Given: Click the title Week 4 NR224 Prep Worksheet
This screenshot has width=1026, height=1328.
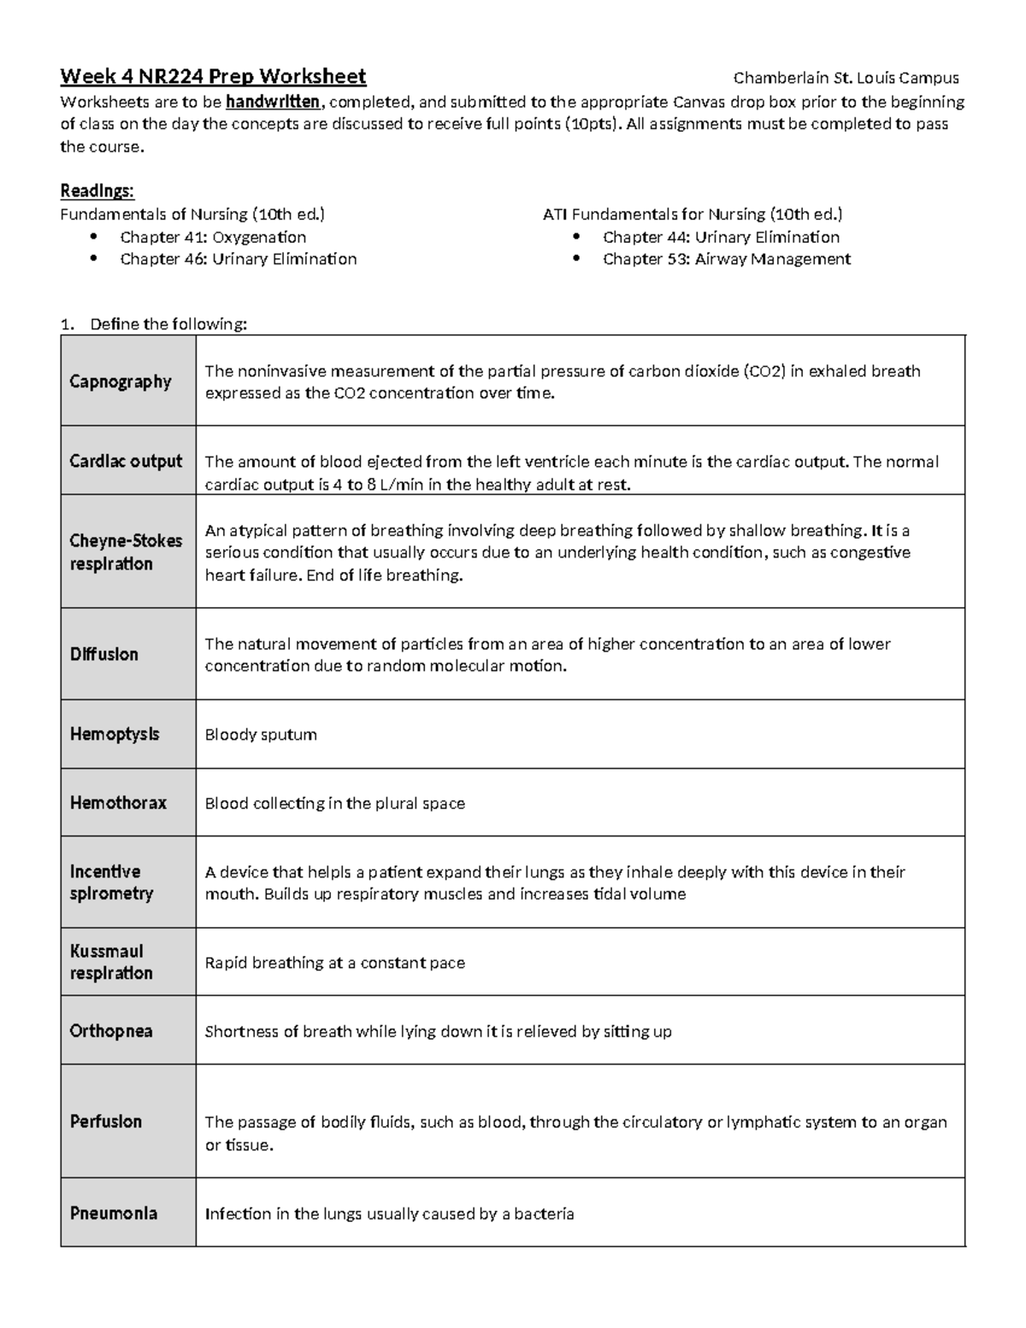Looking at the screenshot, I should (x=213, y=77).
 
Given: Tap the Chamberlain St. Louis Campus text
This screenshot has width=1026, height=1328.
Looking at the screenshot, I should (x=846, y=78).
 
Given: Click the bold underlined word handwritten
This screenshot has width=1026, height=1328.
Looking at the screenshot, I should (x=273, y=102).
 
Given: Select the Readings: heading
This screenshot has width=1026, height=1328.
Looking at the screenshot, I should (x=97, y=190).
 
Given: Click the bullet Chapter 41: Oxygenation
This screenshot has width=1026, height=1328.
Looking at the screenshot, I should (x=212, y=237).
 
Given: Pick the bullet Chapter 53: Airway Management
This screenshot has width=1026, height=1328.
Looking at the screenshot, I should (x=726, y=259).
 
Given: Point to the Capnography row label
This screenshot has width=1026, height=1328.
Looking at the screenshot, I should (x=121, y=381).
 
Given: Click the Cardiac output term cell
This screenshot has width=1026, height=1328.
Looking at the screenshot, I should (x=126, y=461).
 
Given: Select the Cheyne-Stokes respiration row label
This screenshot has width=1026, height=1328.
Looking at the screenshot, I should (x=126, y=552).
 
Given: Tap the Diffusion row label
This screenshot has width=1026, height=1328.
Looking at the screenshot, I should (x=103, y=654).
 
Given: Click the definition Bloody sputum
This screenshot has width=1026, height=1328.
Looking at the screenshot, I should (x=261, y=735).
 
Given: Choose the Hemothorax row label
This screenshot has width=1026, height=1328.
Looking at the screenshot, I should (x=118, y=803).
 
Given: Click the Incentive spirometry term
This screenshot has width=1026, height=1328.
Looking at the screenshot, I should (x=111, y=882).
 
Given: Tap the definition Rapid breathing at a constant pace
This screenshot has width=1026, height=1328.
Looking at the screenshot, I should (x=334, y=963).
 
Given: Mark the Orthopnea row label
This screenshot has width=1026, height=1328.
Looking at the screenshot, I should (x=111, y=1031).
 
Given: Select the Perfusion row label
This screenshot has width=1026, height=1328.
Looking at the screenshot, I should (x=106, y=1121).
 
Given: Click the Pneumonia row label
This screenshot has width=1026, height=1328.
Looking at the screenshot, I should (x=114, y=1213).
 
